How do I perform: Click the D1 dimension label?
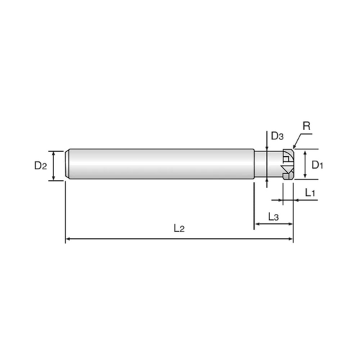(317, 164)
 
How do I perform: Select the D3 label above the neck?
(278, 137)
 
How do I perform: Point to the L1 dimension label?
(310, 193)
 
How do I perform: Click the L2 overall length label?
(179, 228)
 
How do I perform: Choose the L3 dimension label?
(273, 215)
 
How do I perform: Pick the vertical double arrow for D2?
(53, 164)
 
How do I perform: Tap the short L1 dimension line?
(287, 199)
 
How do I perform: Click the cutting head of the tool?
(287, 164)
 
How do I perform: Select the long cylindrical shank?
(160, 164)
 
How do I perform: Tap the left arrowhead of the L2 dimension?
(65, 236)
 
